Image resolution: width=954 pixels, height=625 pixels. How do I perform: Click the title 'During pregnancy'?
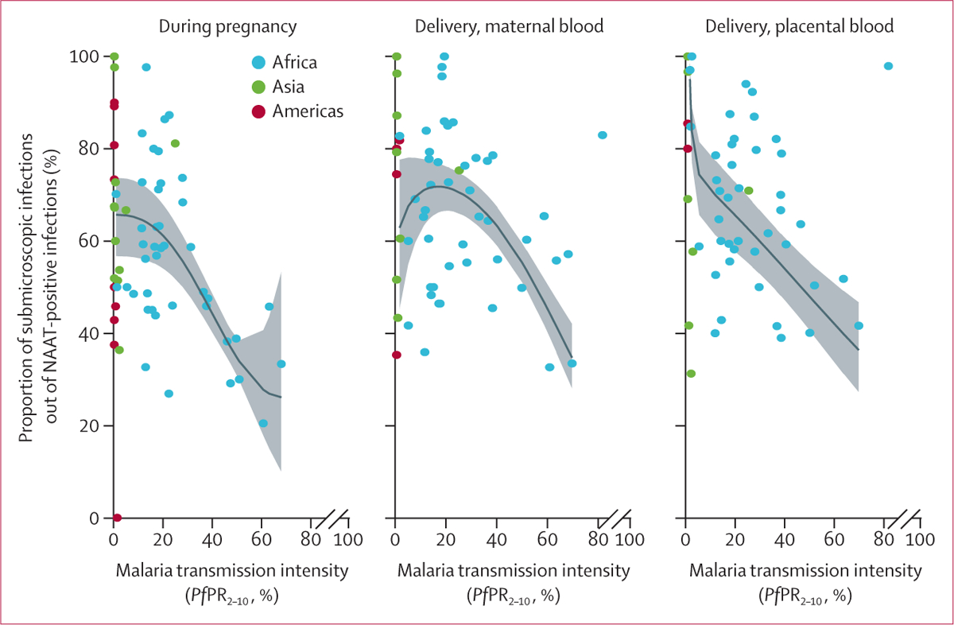tap(227, 26)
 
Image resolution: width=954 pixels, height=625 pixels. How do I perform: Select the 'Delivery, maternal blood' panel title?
tap(510, 26)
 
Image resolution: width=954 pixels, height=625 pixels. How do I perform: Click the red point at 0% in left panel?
tap(117, 518)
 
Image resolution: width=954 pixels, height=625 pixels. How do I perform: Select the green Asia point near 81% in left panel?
tap(175, 144)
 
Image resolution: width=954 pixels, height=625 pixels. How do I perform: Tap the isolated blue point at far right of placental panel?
tap(888, 66)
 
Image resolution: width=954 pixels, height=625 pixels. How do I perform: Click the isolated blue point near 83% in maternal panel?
tap(603, 135)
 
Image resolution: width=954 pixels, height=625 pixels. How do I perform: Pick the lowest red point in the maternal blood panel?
tap(397, 355)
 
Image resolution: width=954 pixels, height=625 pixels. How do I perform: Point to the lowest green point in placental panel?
tap(691, 374)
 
